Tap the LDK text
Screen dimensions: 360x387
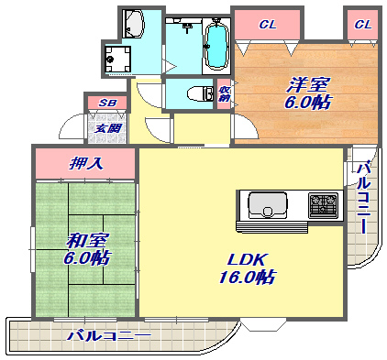pos(246,258)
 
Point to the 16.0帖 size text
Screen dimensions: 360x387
pos(246,277)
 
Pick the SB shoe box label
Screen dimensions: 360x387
pos(106,104)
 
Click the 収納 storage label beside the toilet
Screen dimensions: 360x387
pos(224,93)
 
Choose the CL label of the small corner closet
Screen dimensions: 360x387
pos(362,23)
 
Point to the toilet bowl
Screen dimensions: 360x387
pos(191,93)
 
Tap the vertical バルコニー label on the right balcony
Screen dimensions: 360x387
pos(363,198)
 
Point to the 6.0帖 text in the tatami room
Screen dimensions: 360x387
pos(87,259)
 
